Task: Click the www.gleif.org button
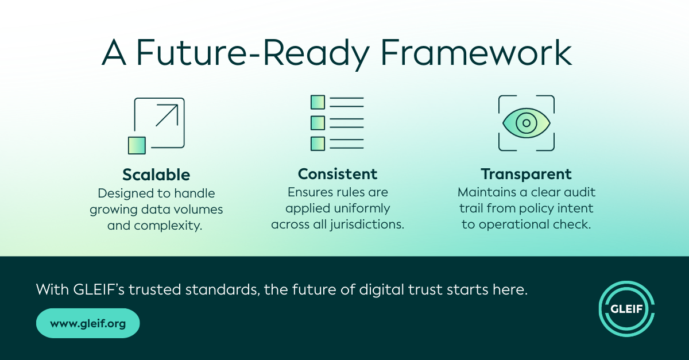pyautogui.click(x=88, y=323)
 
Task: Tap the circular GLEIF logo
pyautogui.click(x=626, y=309)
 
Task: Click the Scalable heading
pyautogui.click(x=156, y=175)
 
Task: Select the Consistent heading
pyautogui.click(x=338, y=174)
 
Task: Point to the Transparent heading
pyautogui.click(x=527, y=175)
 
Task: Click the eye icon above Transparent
pyautogui.click(x=527, y=123)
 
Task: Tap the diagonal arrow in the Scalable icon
pyautogui.click(x=167, y=115)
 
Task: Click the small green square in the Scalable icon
pyautogui.click(x=137, y=145)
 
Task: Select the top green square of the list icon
pyautogui.click(x=318, y=102)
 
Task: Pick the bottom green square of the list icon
pyautogui.click(x=318, y=144)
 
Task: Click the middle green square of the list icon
pyautogui.click(x=318, y=123)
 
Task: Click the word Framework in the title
pyautogui.click(x=477, y=52)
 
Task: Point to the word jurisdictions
pyautogui.click(x=367, y=224)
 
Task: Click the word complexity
pyautogui.click(x=168, y=226)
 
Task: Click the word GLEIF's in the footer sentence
pyautogui.click(x=99, y=289)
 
